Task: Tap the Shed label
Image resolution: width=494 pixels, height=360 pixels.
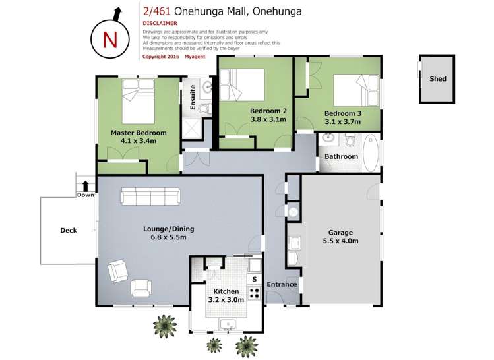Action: tap(438, 79)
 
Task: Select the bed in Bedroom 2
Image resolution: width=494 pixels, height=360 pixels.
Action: tap(243, 84)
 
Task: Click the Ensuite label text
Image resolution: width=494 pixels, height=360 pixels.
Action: tap(193, 98)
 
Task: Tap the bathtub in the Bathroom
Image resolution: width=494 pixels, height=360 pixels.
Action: tap(371, 152)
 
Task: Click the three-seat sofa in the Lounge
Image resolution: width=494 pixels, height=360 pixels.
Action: tap(150, 196)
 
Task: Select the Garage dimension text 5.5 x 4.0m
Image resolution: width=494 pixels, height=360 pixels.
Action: tap(340, 241)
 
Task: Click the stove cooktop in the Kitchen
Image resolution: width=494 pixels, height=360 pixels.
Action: tap(254, 293)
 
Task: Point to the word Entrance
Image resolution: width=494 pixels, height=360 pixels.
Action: tap(282, 285)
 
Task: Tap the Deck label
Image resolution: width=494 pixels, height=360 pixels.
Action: tap(69, 230)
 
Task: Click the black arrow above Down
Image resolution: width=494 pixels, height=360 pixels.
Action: tap(85, 186)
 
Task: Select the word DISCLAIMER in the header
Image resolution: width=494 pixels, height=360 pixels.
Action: tap(160, 23)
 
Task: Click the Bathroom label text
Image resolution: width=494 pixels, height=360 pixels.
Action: tap(340, 157)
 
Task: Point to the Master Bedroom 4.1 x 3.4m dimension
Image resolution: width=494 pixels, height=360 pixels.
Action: tap(139, 141)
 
